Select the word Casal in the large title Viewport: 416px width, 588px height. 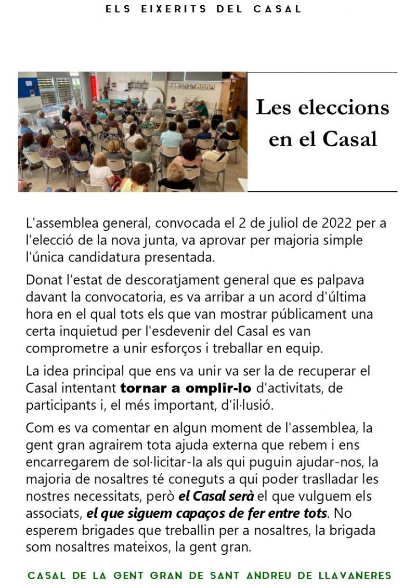(349, 139)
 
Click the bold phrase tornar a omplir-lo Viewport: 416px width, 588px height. (186, 388)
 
